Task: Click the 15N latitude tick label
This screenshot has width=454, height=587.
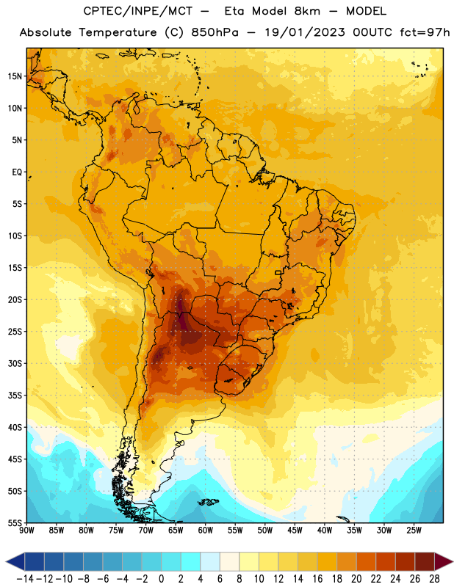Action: (x=14, y=76)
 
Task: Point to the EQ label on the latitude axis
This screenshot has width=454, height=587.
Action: (x=17, y=172)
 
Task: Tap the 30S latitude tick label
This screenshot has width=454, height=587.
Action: (x=14, y=363)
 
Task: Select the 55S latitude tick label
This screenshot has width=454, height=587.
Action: (x=14, y=522)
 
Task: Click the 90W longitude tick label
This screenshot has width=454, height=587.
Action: (x=26, y=530)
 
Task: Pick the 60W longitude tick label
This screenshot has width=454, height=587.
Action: (x=206, y=530)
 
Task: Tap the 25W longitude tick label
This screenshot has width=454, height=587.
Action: (x=414, y=530)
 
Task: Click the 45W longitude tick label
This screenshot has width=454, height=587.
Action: (x=295, y=530)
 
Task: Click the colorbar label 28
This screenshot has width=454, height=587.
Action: (x=434, y=579)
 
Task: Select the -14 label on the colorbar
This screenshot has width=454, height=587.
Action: (x=25, y=579)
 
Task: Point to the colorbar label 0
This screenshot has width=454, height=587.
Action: (x=161, y=579)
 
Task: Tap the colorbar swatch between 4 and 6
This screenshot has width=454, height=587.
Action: (x=210, y=561)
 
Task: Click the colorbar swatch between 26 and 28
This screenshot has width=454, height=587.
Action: (x=425, y=561)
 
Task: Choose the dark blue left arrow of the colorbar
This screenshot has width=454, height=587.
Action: (x=15, y=561)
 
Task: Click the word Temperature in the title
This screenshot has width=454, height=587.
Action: (x=118, y=32)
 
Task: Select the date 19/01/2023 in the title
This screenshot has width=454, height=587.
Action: (x=305, y=32)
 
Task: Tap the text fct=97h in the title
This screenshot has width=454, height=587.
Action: (x=425, y=32)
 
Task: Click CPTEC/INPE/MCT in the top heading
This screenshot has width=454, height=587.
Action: (x=138, y=11)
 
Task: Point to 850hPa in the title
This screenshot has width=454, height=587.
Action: (x=215, y=32)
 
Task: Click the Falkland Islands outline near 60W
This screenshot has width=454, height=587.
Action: (x=208, y=502)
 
